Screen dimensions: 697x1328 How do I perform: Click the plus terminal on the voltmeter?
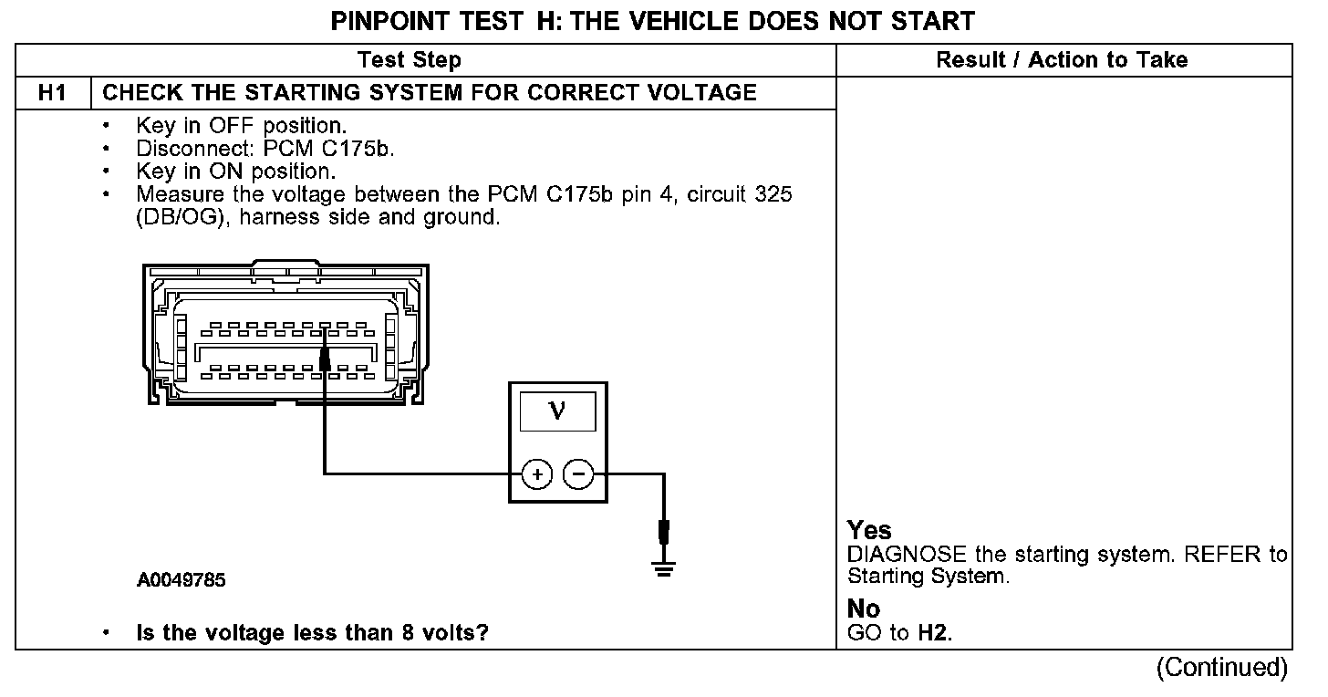click(x=537, y=474)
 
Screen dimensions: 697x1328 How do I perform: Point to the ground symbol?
click(x=663, y=567)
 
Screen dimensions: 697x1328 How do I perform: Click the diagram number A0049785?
click(x=182, y=580)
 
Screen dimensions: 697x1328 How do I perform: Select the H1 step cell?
click(x=52, y=92)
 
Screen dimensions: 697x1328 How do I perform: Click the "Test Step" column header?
click(x=409, y=60)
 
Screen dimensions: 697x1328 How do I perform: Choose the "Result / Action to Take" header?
click(x=1062, y=60)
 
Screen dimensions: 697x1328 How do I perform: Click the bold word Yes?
click(x=869, y=530)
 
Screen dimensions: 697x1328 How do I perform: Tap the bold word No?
click(x=864, y=609)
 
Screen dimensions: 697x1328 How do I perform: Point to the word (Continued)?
click(x=1221, y=668)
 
